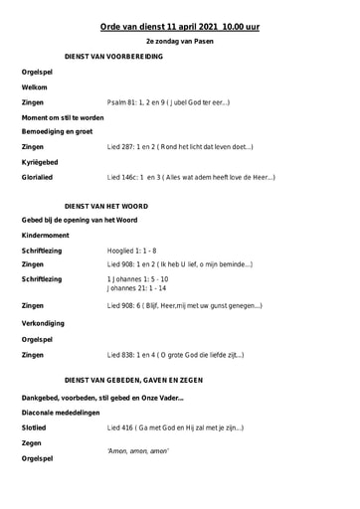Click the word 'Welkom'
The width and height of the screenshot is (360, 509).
click(x=34, y=87)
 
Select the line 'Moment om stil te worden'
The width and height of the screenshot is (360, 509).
click(x=62, y=117)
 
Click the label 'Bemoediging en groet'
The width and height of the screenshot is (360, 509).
click(x=56, y=131)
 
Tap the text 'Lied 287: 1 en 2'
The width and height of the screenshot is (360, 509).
click(x=130, y=146)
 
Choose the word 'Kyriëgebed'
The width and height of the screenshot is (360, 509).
click(x=40, y=162)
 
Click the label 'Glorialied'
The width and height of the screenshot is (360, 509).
click(x=39, y=177)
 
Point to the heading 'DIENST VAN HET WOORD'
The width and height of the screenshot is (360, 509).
click(x=105, y=203)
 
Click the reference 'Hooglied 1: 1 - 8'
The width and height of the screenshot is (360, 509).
click(x=131, y=251)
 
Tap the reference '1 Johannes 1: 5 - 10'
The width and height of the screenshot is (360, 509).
click(x=136, y=279)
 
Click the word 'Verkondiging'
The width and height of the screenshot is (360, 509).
click(x=43, y=322)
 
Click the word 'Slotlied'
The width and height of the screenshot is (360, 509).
click(x=35, y=427)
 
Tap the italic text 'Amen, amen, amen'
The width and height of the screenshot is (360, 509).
click(x=137, y=450)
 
